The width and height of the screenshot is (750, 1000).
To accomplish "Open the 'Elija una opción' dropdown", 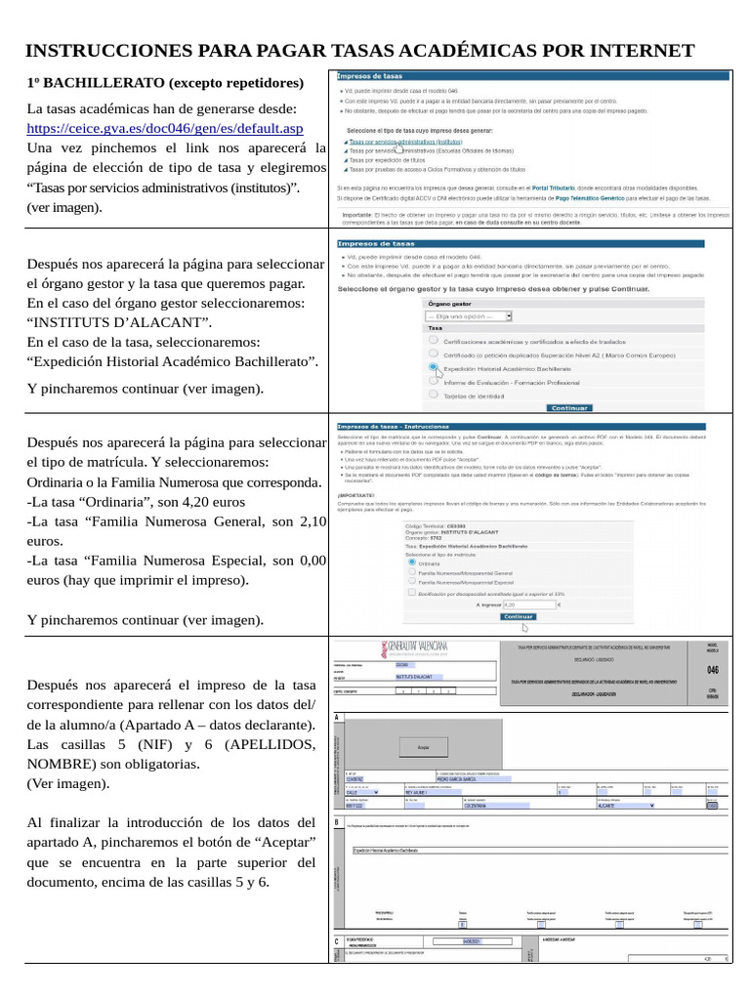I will [469, 316].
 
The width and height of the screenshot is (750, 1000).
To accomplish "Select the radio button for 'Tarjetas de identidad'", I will [433, 395].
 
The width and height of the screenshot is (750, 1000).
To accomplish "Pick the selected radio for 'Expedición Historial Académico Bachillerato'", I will [433, 368].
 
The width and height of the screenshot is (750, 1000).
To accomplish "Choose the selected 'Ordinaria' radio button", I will [409, 563].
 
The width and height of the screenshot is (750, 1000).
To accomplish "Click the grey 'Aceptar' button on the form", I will [423, 746].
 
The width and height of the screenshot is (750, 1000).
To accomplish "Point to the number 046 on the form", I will [712, 670].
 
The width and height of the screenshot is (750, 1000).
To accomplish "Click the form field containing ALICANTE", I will [635, 806].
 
